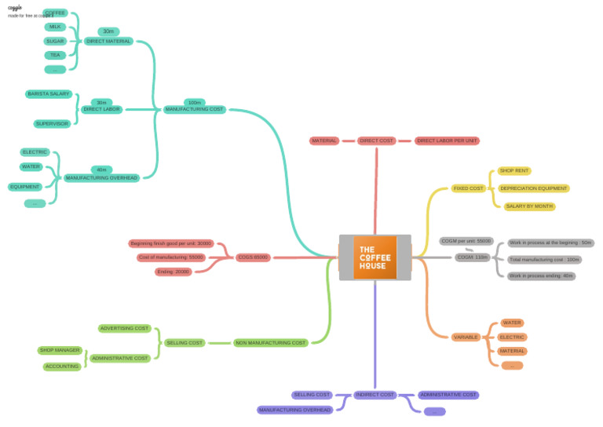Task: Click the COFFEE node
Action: pyautogui.click(x=55, y=13)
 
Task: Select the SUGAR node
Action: pyautogui.click(x=55, y=41)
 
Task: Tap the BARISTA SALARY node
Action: pyautogui.click(x=49, y=93)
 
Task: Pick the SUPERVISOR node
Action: pyautogui.click(x=53, y=123)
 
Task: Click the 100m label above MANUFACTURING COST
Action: pyautogui.click(x=195, y=102)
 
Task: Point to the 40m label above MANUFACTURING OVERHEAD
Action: pyautogui.click(x=102, y=170)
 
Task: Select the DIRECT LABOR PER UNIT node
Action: pyautogui.click(x=447, y=141)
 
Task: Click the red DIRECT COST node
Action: pyautogui.click(x=376, y=141)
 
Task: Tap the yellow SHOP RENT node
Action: pyautogui.click(x=514, y=170)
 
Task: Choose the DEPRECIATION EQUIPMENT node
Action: pyautogui.click(x=533, y=188)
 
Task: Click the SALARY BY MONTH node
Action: pyautogui.click(x=529, y=206)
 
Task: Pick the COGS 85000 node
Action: pyautogui.click(x=253, y=257)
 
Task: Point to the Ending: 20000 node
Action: pyautogui.click(x=173, y=272)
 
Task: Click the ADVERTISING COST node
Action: pyautogui.click(x=124, y=328)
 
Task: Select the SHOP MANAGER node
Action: pyautogui.click(x=60, y=350)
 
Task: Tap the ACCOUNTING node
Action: pyautogui.click(x=62, y=366)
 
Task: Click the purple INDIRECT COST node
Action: pyautogui.click(x=375, y=395)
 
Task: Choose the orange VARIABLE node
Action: pyautogui.click(x=466, y=337)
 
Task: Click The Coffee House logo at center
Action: pyautogui.click(x=375, y=257)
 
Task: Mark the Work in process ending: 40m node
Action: pyautogui.click(x=541, y=276)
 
